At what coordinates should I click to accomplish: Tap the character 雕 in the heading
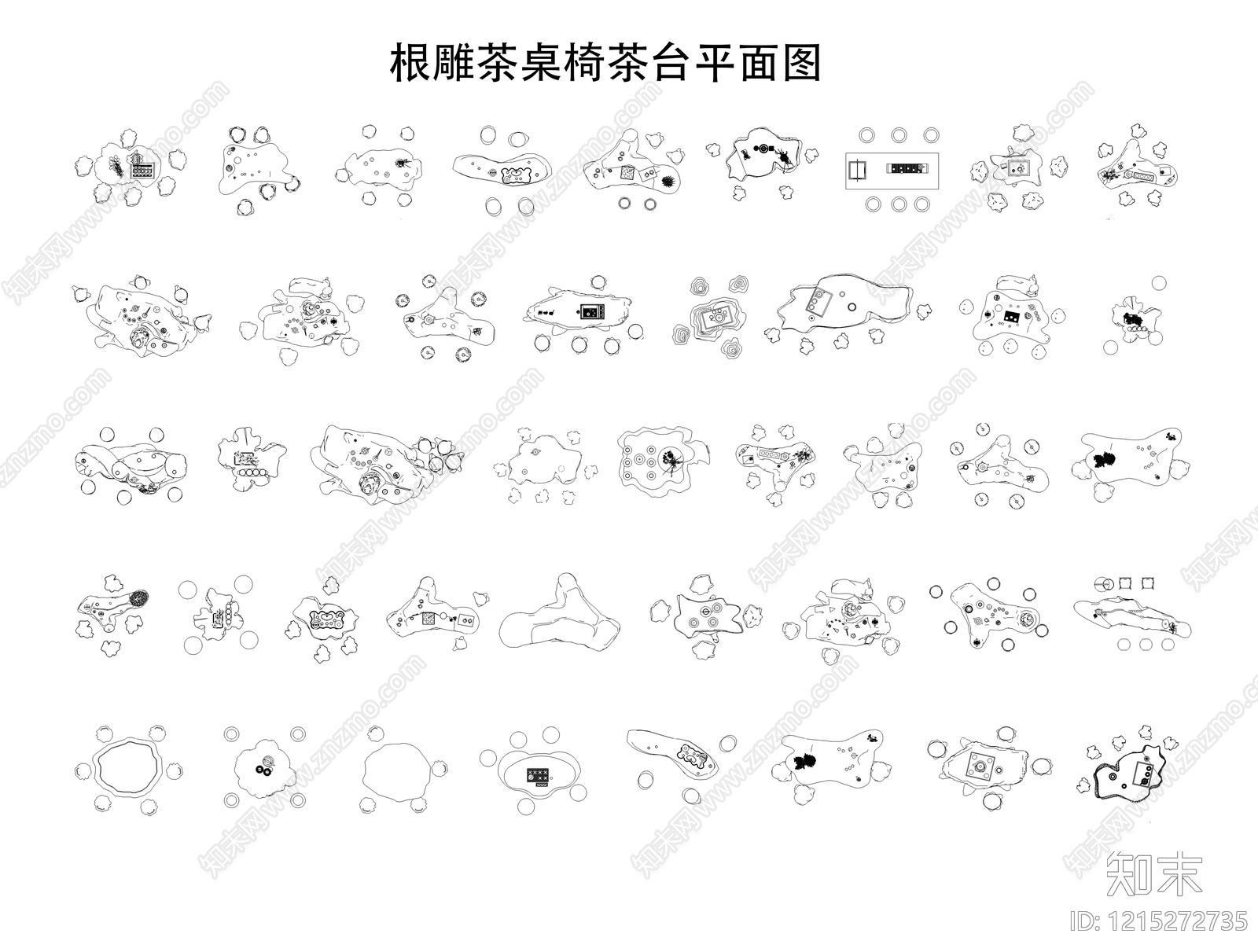454,63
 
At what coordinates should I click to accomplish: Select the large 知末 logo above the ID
1154,873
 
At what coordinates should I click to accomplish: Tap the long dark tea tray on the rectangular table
908,168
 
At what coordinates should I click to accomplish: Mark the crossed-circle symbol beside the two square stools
1102,583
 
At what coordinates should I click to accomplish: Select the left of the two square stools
1124,583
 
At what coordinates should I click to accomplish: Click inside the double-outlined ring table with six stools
129,766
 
